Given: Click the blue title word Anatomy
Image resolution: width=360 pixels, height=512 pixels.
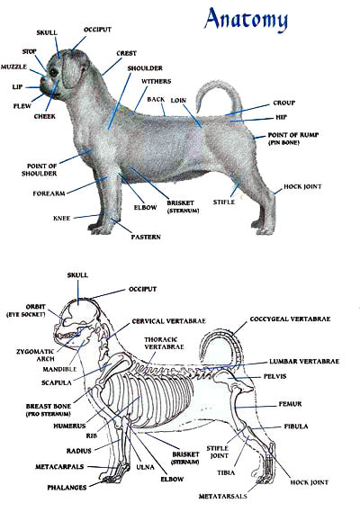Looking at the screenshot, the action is [247, 19].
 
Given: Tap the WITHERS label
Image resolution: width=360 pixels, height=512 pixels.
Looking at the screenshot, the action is [156, 81].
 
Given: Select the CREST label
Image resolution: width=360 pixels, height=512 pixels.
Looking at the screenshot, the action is [126, 53].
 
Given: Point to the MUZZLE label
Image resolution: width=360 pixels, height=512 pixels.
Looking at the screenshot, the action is [13, 67].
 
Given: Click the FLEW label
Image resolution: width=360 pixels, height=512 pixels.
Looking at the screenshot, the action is [22, 106].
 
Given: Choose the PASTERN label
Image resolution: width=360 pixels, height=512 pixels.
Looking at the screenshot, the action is [146, 237].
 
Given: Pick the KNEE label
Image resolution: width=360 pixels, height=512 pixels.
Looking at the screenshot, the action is [62, 218].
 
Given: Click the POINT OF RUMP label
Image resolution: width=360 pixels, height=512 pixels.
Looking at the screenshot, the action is [293, 135].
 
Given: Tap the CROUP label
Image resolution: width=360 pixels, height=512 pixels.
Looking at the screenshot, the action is [283, 103].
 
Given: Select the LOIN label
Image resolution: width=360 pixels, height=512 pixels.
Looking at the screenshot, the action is [178, 101].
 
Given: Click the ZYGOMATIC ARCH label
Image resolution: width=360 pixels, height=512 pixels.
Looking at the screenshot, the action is [35, 355].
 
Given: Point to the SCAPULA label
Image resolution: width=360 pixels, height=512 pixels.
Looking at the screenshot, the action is [57, 382].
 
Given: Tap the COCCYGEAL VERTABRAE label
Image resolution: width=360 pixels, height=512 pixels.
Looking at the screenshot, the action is [290, 319].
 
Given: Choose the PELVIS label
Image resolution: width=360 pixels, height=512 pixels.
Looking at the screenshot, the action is [275, 376].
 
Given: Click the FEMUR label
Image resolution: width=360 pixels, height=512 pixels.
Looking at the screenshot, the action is [290, 404].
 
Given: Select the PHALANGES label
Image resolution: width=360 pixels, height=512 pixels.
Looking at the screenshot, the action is [67, 488].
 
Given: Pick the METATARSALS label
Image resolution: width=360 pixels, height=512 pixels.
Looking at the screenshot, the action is [223, 497].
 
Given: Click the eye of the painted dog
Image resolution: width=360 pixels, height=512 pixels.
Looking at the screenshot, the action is [53, 71].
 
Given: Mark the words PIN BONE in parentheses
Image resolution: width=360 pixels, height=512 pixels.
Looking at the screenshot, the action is [283, 143].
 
